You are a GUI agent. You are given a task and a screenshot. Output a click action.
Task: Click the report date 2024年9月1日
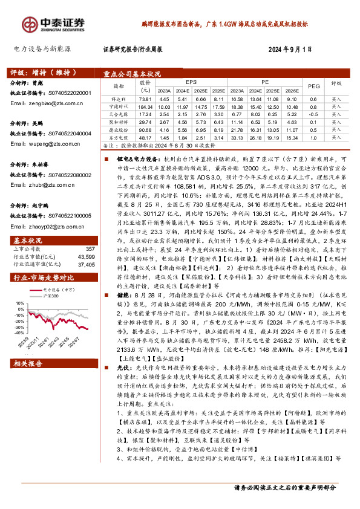291,50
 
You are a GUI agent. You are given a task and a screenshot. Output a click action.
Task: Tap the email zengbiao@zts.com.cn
42,104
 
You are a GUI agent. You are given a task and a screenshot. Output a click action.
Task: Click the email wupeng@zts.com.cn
41,144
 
